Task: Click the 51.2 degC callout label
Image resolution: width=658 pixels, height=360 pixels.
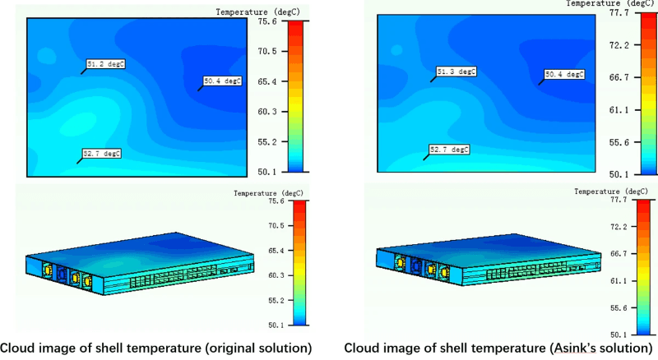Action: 106,62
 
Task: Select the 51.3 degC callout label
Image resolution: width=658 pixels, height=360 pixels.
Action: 456,72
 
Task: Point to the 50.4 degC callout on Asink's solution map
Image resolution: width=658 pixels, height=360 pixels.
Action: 564,75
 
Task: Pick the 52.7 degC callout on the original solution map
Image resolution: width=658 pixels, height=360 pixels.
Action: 102,153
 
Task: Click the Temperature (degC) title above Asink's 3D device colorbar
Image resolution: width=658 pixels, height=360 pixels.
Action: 609,190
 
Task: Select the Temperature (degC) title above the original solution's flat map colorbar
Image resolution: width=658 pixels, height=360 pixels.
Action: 253,12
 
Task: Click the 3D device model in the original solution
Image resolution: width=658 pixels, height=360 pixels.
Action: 140,256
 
